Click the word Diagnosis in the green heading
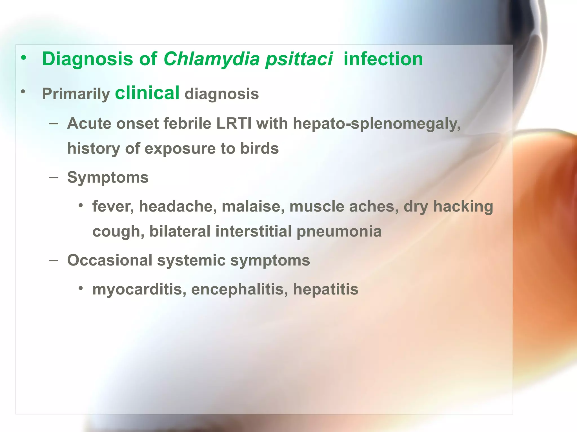87,59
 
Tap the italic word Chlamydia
211,59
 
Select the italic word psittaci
299,60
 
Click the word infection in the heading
383,59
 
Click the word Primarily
76,94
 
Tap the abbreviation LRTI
234,123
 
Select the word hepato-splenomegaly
377,124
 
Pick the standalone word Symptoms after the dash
108,178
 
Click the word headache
178,206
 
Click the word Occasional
110,260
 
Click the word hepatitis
326,289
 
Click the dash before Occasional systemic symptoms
53,260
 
